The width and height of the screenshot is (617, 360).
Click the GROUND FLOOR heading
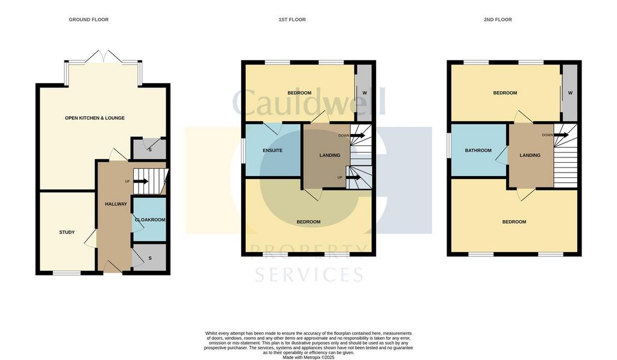pos(89,19)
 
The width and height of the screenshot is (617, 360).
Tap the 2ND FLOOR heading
pos(498,19)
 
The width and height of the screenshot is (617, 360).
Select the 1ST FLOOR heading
pos(292,19)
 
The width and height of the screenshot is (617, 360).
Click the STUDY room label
pos(67,232)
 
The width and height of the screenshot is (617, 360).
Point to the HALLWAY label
pos(116,204)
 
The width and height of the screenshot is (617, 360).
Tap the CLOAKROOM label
pos(150,219)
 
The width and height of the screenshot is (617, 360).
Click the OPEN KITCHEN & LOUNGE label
pos(95,118)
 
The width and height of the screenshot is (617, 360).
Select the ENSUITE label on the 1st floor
pos(273,151)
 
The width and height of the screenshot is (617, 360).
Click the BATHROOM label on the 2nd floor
pos(478,151)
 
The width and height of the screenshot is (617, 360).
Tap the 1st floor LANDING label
pos(330,155)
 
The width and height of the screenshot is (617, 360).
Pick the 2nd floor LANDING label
pos(530,155)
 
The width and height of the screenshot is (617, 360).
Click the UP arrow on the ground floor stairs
pos(141,182)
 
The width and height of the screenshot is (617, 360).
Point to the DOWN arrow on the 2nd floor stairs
pos(561,135)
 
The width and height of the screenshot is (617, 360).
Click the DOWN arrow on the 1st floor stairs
pos(358,136)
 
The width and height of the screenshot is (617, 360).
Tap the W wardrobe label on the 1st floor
pos(365,93)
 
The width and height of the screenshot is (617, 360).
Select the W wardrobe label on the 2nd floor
pos(570,93)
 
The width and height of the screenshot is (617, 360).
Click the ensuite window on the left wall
pos(243,151)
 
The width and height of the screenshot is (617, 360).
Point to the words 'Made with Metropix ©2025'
pos(308,358)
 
